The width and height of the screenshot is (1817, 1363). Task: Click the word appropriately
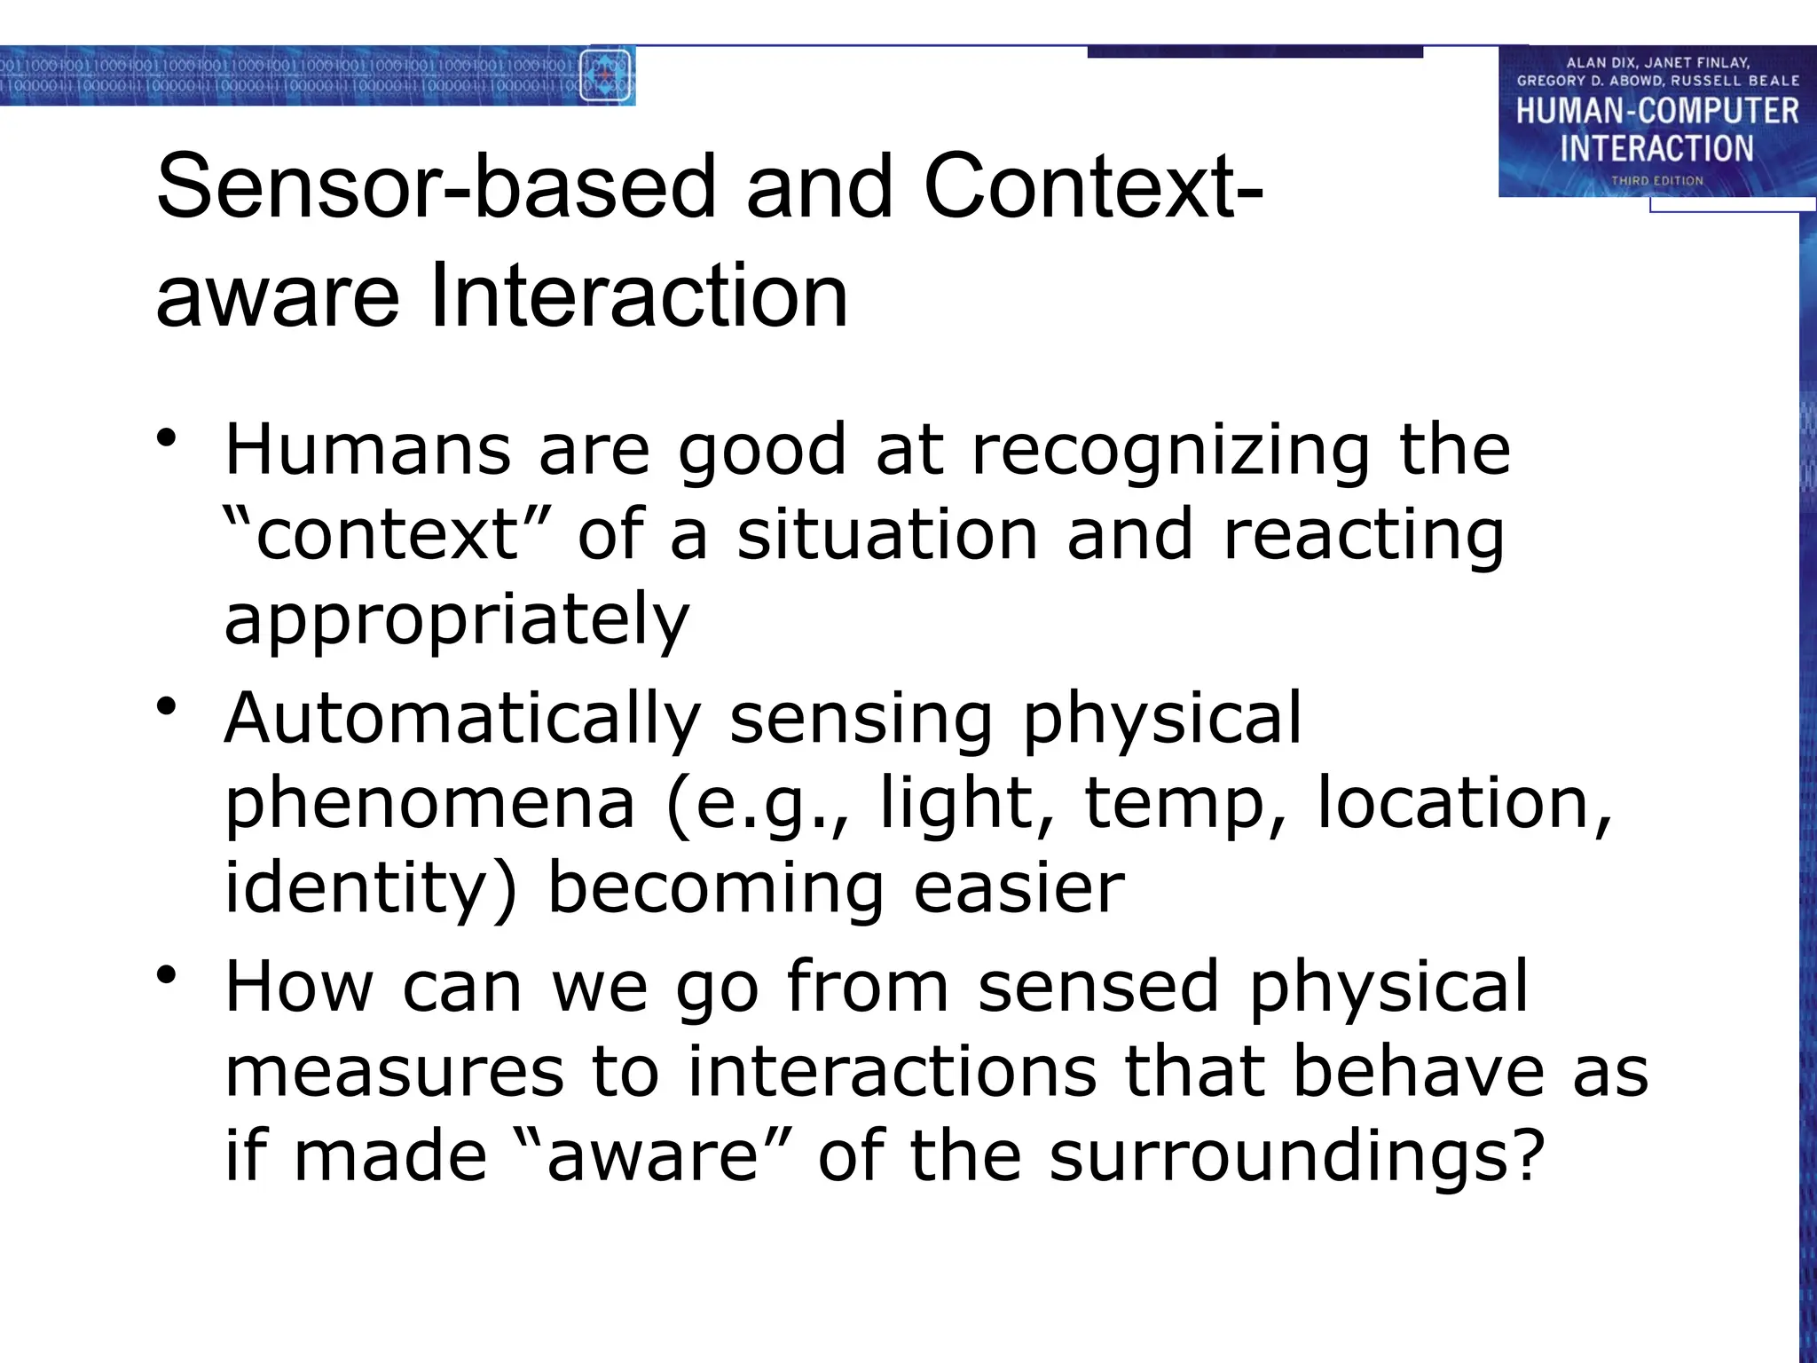point(457,621)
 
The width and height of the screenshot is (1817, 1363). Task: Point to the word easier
point(1019,888)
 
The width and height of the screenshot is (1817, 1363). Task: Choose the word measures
point(394,1071)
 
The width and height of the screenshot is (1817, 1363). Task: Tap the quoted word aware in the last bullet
point(653,1156)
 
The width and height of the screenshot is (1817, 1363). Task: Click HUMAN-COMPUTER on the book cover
point(1656,112)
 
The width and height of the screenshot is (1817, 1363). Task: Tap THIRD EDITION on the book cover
point(1656,181)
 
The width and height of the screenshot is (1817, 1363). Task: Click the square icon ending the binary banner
point(606,76)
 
